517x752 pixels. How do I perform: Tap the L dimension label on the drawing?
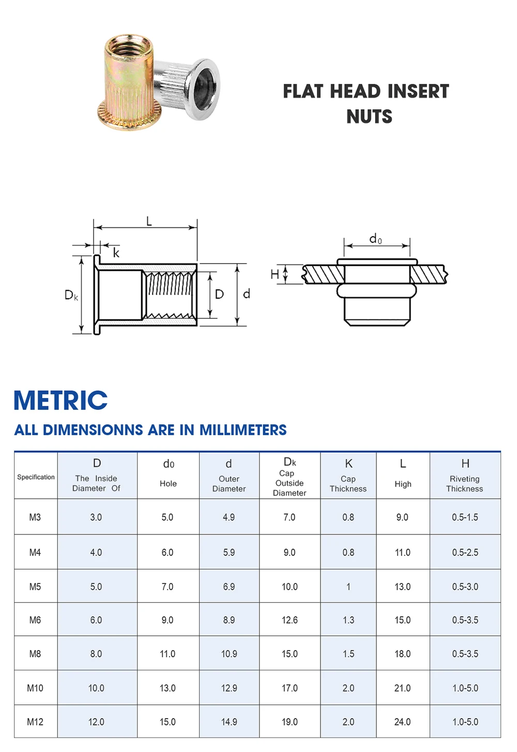[149, 222]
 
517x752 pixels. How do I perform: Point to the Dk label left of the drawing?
[71, 295]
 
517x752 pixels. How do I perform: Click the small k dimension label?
[116, 253]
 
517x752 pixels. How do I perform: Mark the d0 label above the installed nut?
[375, 239]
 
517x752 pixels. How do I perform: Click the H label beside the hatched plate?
[275, 274]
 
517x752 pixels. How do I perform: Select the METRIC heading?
[60, 401]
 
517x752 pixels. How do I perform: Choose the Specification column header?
[36, 477]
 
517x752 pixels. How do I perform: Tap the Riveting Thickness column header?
[464, 483]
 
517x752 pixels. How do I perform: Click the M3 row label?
[35, 517]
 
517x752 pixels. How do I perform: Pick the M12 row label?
[35, 722]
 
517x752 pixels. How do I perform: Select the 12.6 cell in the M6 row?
[290, 620]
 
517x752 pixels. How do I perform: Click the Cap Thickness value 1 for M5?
[348, 587]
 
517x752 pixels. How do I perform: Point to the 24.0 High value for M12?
[402, 722]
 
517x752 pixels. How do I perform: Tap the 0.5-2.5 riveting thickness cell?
[465, 553]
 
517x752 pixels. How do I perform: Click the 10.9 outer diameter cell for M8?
[229, 654]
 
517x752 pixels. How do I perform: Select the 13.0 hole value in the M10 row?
[168, 688]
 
